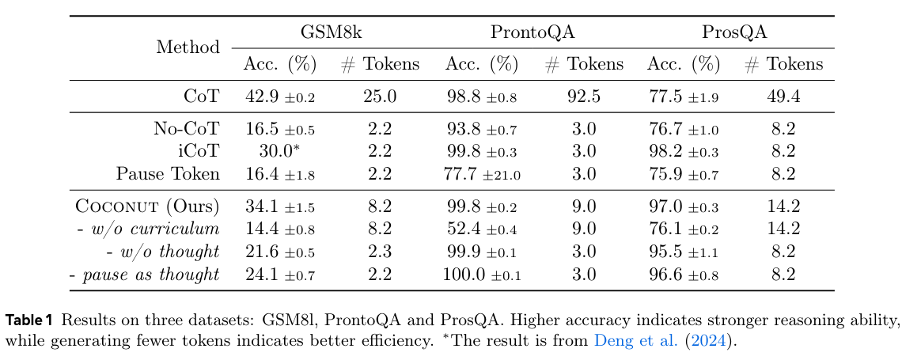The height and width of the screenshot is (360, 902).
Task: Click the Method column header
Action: pos(188,47)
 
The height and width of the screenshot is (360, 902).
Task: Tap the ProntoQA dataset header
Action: pos(532,32)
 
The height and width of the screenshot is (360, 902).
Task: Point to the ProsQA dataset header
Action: pos(734,32)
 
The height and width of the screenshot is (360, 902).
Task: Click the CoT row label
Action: pos(202,97)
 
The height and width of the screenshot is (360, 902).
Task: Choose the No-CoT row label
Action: pos(186,129)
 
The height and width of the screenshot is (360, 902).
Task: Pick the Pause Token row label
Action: pos(168,173)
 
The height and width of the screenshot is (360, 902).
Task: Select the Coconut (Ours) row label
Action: pos(148,207)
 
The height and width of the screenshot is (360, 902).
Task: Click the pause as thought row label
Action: pos(144,275)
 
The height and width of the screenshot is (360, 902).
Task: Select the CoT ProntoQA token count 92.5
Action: pos(584,97)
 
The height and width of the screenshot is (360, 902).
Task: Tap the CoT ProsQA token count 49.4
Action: pos(784,97)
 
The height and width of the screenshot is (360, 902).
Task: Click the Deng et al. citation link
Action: pos(647,341)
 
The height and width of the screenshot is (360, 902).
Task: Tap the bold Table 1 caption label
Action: pos(29,320)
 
